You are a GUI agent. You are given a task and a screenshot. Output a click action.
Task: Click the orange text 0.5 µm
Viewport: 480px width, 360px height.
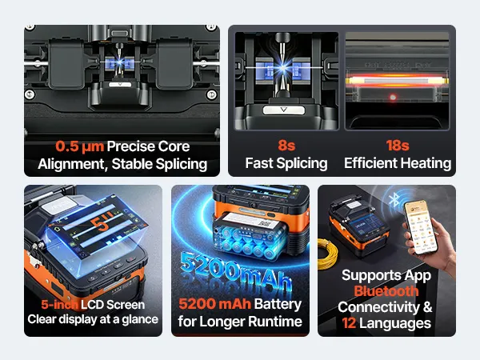click(79, 146)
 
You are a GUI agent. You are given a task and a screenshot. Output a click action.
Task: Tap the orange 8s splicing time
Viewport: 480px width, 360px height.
click(286, 146)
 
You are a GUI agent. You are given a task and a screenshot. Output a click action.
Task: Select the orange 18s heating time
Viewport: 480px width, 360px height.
click(398, 146)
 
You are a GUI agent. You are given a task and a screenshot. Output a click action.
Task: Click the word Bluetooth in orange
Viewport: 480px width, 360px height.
click(386, 291)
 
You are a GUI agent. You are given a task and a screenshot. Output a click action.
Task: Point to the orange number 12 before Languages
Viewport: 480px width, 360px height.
click(349, 323)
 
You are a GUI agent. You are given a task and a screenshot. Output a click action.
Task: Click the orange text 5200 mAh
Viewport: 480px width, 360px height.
click(214, 304)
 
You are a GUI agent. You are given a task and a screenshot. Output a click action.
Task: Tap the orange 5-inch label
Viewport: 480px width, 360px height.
click(59, 305)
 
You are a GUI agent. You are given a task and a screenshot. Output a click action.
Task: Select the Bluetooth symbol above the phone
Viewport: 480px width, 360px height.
click(394, 199)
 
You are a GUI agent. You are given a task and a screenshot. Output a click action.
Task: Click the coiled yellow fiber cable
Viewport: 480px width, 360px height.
click(327, 254)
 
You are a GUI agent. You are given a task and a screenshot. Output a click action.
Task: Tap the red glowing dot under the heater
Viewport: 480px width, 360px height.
click(393, 98)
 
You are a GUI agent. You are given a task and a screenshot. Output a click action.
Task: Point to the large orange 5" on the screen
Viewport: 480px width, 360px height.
click(102, 222)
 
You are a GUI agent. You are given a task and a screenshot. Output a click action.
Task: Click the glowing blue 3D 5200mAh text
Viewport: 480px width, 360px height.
click(236, 271)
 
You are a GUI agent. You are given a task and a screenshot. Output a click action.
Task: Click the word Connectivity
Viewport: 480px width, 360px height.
click(378, 307)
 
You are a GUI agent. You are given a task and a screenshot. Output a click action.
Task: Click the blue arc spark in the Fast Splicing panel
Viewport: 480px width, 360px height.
click(283, 67)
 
